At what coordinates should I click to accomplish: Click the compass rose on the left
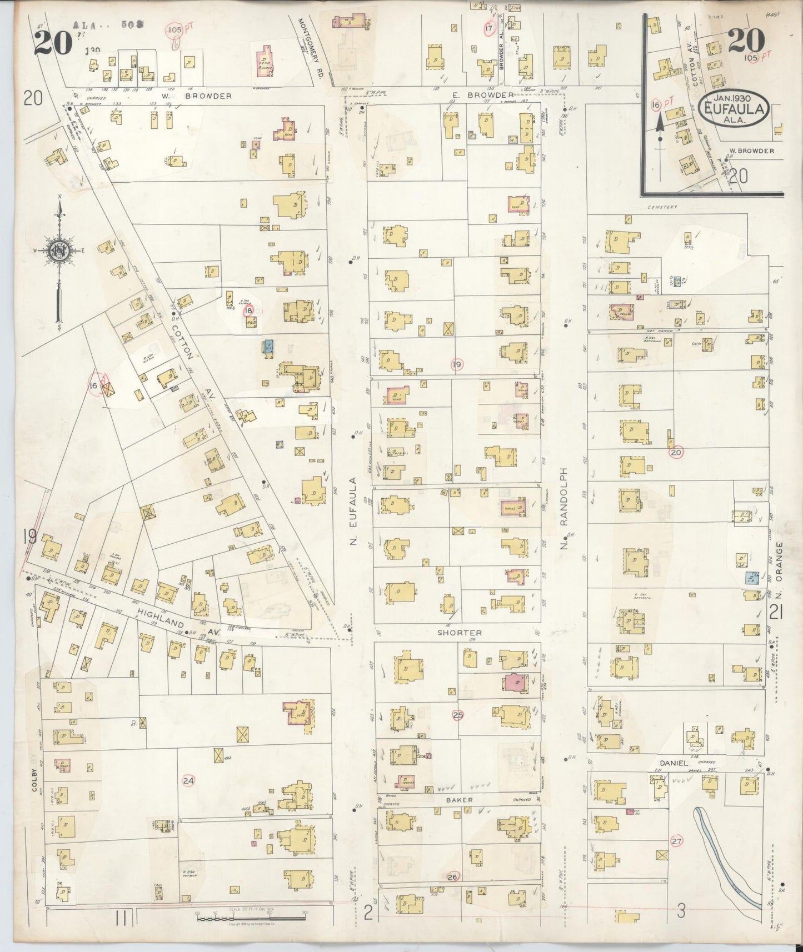tap(58, 251)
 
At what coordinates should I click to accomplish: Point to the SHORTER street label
tap(459, 633)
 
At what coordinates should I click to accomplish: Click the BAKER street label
tap(459, 800)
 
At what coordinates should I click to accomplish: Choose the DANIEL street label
tap(674, 763)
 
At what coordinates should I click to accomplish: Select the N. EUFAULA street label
tap(352, 510)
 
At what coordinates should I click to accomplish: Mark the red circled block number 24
tap(188, 780)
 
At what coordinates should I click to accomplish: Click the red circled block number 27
tap(676, 841)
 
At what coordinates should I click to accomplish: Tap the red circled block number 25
tap(457, 715)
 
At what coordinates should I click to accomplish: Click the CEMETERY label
tap(662, 207)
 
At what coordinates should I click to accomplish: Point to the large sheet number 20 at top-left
tap(53, 42)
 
